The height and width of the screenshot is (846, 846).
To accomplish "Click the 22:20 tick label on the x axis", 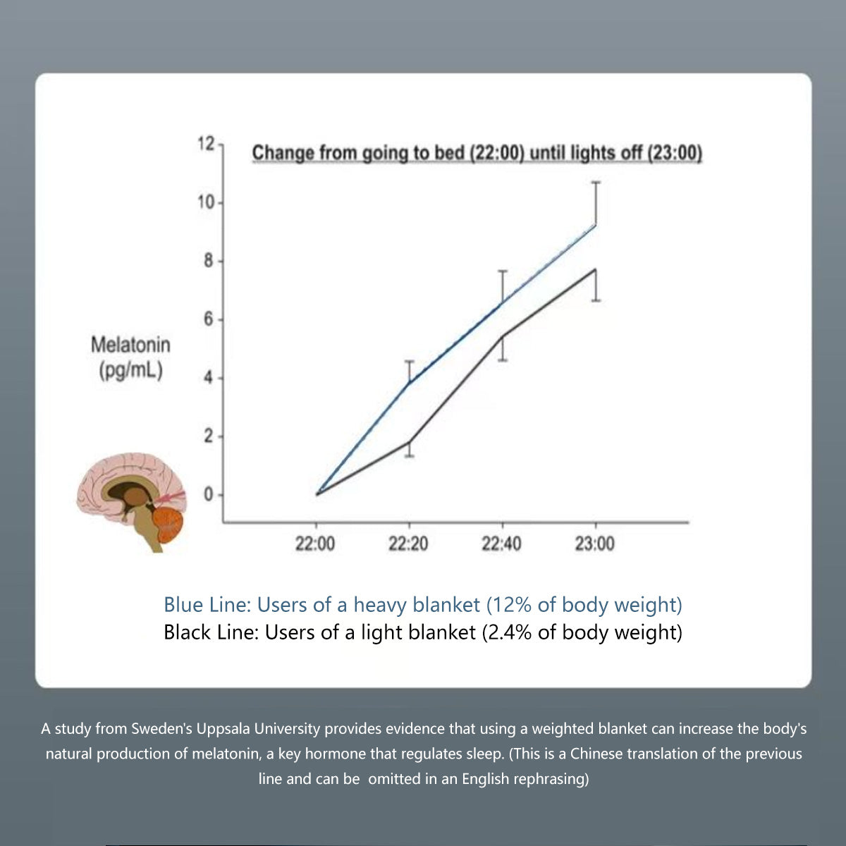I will coord(408,544).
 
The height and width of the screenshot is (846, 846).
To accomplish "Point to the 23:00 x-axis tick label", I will coord(594,544).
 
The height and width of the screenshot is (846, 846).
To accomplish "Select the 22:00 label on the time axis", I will coord(315,544).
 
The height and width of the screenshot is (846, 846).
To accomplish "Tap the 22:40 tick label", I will coord(501,544).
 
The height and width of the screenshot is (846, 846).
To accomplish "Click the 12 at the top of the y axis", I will coord(206,145).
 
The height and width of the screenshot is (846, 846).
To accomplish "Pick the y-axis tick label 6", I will coord(209,320).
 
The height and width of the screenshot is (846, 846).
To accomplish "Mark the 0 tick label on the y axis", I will coord(209,495).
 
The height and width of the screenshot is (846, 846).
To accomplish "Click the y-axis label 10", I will coord(206,203).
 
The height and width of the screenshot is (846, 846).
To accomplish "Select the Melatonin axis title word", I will coord(130,345).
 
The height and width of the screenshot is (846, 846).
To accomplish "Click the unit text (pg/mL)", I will coord(130,370).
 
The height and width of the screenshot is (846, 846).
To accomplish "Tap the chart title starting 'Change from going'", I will coord(477,153).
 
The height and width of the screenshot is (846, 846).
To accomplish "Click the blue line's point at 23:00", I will coord(596,226).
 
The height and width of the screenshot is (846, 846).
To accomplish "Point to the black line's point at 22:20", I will coord(409,442).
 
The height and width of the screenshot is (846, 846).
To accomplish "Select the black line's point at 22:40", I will coord(502,337).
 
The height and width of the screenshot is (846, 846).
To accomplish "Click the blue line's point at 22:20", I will coord(409,384).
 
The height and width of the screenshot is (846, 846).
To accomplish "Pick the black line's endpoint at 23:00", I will coord(596,270).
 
